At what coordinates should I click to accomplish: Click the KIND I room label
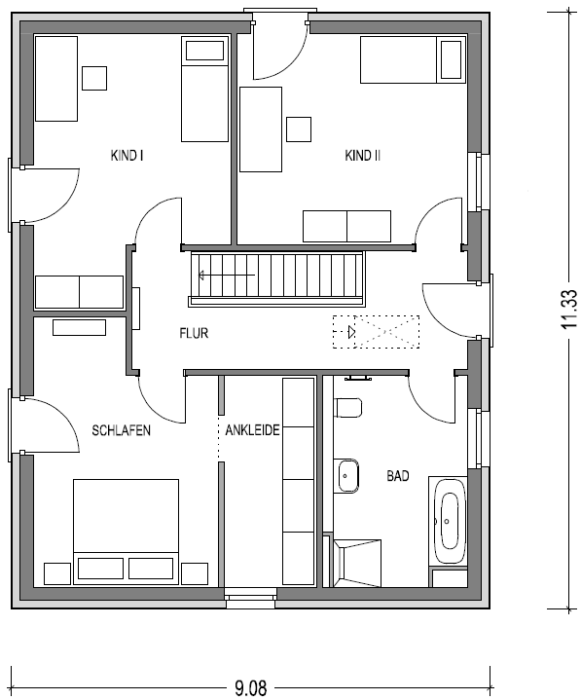[127, 156]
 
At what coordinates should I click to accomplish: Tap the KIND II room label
[362, 156]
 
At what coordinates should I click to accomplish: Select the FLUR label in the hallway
[194, 333]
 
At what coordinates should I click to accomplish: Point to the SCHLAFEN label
[121, 430]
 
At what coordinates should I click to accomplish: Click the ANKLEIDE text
[252, 430]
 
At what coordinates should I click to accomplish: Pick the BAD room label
[398, 476]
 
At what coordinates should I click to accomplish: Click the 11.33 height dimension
[569, 310]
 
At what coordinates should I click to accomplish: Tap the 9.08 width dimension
[250, 687]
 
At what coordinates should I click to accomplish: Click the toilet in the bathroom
[347, 407]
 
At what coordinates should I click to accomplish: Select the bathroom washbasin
[346, 475]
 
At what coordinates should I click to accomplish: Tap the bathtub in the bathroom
[448, 522]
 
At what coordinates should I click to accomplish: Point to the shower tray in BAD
[357, 563]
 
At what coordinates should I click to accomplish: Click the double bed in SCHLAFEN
[126, 532]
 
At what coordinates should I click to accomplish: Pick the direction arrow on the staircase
[227, 275]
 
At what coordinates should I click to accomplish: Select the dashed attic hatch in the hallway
[377, 332]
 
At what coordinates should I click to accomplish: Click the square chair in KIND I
[94, 78]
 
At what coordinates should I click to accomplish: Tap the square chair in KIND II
[299, 129]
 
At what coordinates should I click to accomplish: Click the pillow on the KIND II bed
[452, 59]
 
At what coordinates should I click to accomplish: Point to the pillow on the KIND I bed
[204, 51]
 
